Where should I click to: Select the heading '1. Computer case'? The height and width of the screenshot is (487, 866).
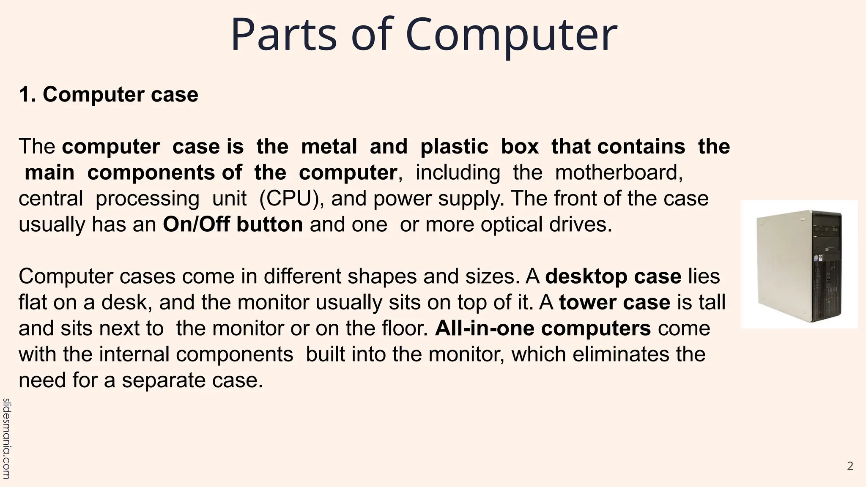(108, 94)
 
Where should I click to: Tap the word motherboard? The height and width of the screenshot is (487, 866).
(618, 172)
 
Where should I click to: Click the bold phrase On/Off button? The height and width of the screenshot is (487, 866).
(233, 224)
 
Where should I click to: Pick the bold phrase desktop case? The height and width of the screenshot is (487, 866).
(613, 276)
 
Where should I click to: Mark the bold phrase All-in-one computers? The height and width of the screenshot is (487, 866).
(543, 328)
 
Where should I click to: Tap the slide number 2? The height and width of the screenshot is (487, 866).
(850, 466)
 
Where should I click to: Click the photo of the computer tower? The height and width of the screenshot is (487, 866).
(799, 264)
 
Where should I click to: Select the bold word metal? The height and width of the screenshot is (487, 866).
(329, 147)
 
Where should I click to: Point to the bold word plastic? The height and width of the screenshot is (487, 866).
(454, 147)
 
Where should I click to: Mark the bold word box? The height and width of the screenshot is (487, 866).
(520, 147)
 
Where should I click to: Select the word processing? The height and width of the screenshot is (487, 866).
(147, 199)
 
